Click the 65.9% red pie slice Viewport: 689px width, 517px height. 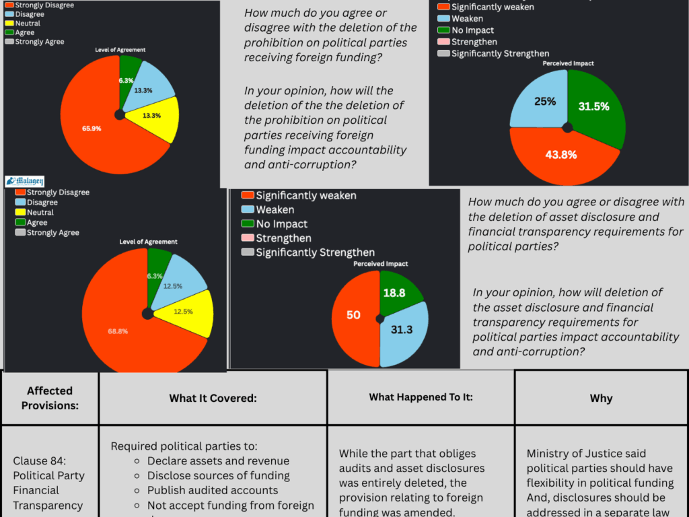pyautogui.click(x=91, y=128)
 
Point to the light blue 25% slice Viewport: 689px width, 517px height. pyautogui.click(x=542, y=101)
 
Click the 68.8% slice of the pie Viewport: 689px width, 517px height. pyautogui.click(x=121, y=330)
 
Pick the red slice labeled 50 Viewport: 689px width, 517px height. pyautogui.click(x=353, y=315)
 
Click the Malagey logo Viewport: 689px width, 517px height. pyautogui.click(x=25, y=180)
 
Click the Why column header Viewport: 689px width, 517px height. pyautogui.click(x=601, y=398)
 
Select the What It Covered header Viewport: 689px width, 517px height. pyautogui.click(x=213, y=398)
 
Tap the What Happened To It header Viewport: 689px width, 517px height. pyautogui.click(x=421, y=397)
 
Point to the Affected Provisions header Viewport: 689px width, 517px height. pyautogui.click(x=50, y=398)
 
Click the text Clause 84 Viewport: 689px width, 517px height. pyautogui.click(x=40, y=461)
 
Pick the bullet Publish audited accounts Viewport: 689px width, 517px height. pyautogui.click(x=213, y=491)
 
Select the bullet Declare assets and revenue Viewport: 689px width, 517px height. pyautogui.click(x=218, y=461)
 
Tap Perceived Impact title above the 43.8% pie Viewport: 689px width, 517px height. pyautogui.click(x=569, y=64)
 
